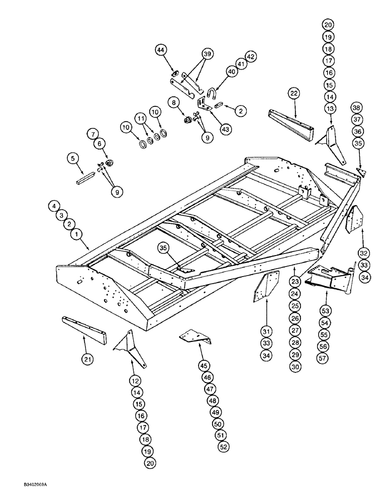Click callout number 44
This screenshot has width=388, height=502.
(x=160, y=50)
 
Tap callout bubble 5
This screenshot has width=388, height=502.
(x=73, y=159)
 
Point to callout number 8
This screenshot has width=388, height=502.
(x=175, y=103)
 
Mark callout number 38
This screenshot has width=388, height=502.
(x=356, y=107)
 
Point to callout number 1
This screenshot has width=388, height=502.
(x=77, y=234)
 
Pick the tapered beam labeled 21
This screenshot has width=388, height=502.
(x=83, y=330)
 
